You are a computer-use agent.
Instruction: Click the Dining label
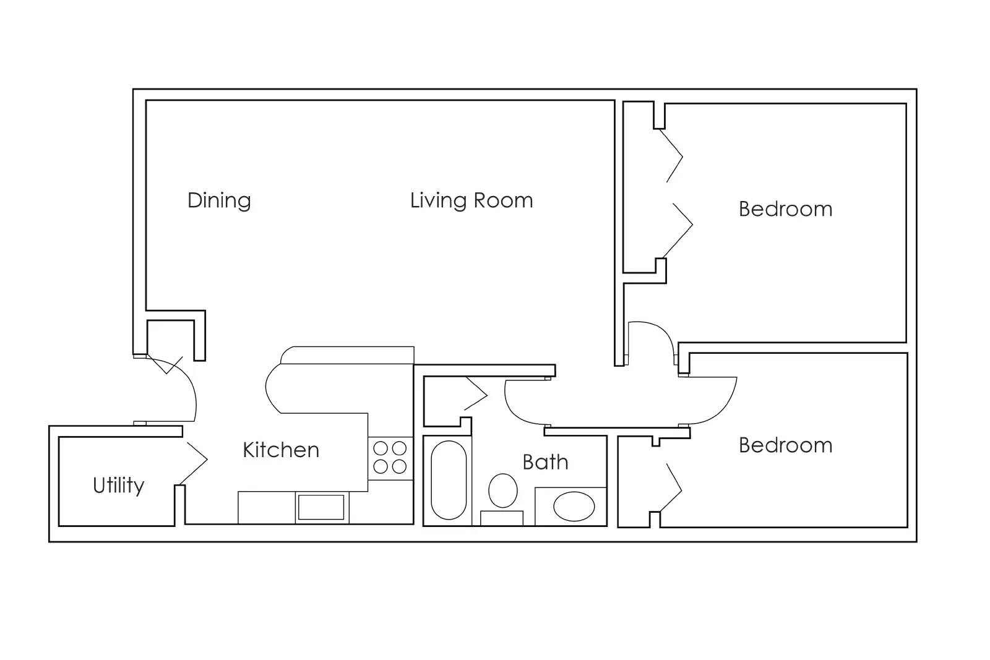[219, 201]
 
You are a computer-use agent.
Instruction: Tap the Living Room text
[471, 201]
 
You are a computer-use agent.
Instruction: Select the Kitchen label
[281, 450]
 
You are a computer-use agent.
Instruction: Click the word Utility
[118, 486]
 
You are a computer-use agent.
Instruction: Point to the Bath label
[545, 462]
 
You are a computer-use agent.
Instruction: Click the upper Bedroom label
[785, 209]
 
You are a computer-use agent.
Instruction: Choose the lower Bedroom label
[785, 445]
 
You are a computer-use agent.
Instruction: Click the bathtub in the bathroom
[449, 480]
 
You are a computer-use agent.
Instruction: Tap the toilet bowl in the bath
[502, 491]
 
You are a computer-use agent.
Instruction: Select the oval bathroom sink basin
[574, 507]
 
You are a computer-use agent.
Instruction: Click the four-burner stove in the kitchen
[390, 457]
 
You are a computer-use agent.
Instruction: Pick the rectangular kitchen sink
[321, 507]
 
